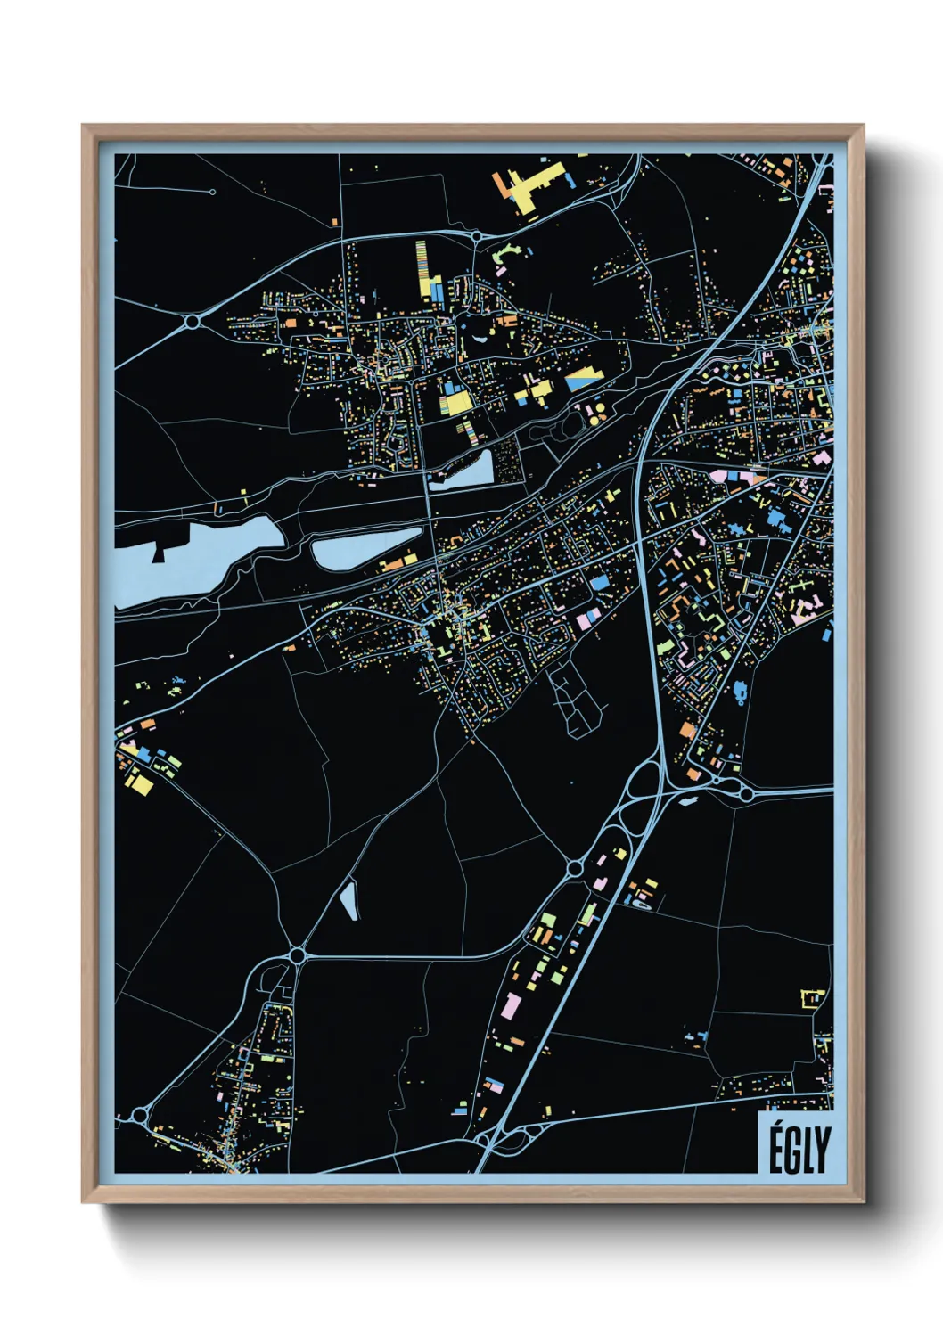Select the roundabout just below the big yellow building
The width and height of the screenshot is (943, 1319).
tap(477, 237)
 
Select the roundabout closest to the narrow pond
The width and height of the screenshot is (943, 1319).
tap(297, 955)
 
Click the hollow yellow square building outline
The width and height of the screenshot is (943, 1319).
tap(812, 998)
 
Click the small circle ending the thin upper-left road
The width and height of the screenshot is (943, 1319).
tap(212, 192)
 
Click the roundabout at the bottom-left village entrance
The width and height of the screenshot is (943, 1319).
tap(139, 1115)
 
